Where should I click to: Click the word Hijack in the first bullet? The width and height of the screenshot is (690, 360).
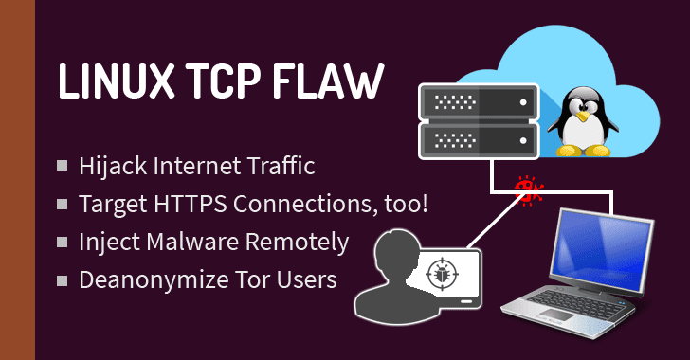click(x=111, y=166)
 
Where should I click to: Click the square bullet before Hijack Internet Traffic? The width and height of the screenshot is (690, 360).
click(x=63, y=166)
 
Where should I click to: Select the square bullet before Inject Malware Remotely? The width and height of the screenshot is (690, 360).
click(x=63, y=242)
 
